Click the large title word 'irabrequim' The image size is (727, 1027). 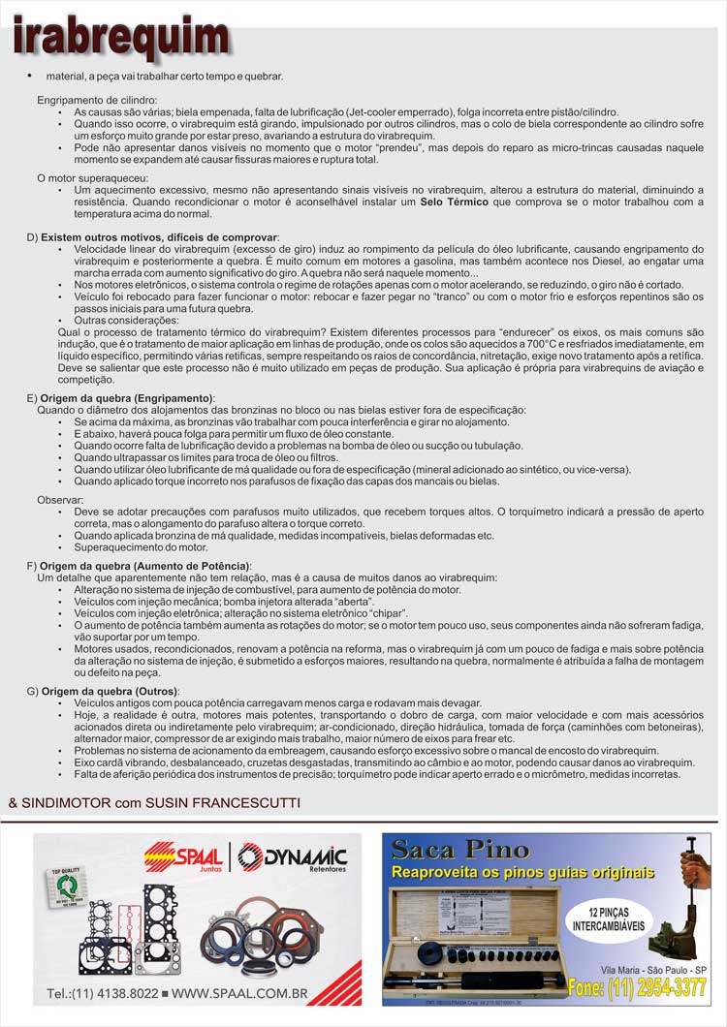point(121,38)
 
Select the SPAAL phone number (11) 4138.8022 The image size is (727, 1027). point(102,993)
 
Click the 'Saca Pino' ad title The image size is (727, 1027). point(460,851)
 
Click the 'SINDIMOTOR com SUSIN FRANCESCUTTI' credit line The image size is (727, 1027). point(154,802)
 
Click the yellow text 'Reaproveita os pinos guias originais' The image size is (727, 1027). point(522,873)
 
